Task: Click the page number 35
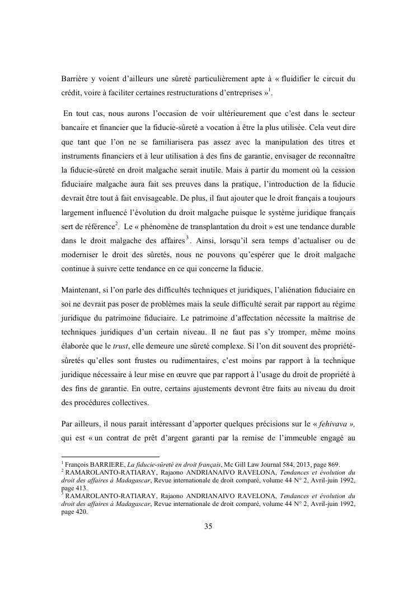(208, 526)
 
